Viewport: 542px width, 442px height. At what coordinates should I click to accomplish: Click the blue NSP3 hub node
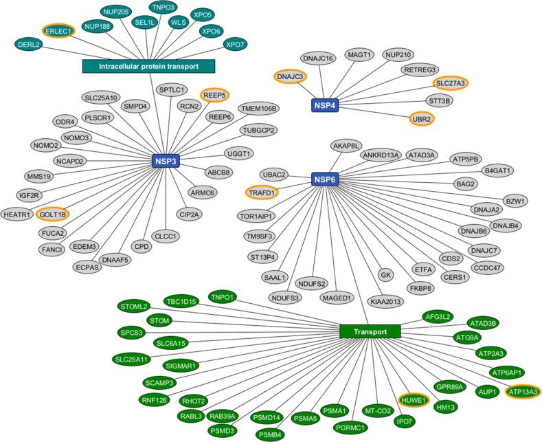(x=164, y=161)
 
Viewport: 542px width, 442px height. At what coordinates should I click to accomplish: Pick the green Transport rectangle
(x=369, y=331)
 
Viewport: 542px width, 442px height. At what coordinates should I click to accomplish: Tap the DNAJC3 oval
(x=291, y=76)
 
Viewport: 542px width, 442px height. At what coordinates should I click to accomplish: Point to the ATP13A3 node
(x=522, y=392)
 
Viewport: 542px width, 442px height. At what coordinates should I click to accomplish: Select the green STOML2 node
(x=134, y=306)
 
